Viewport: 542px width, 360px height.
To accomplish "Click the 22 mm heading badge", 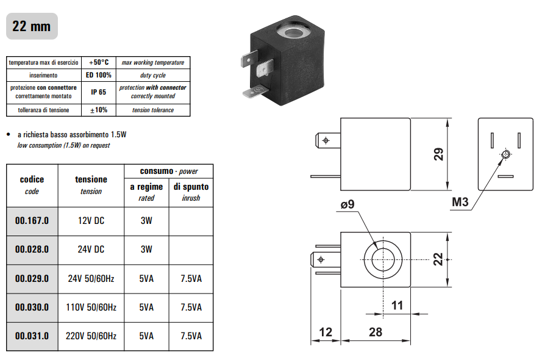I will tap(32, 27).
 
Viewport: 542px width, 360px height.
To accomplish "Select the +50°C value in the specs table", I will tap(98, 62).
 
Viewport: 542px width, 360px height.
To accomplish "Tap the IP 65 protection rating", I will tap(98, 92).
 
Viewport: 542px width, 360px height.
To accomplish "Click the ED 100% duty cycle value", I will tap(98, 75).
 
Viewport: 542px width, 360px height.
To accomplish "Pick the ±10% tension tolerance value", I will tap(98, 110).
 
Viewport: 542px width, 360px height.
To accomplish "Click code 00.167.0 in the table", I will tap(32, 220).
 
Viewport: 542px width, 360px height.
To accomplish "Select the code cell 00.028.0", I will tap(32, 250).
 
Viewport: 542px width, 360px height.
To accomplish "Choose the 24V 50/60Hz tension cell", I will tap(91, 279).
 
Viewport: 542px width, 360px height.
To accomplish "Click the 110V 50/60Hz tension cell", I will tap(91, 308).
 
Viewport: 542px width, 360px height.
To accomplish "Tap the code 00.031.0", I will tap(32, 336).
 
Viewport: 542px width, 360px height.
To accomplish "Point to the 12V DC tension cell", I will tap(91, 220).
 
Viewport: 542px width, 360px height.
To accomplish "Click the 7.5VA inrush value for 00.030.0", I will tap(191, 308).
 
